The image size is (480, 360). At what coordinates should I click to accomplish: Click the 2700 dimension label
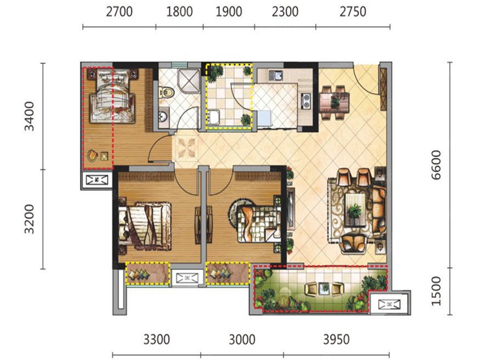click(119, 12)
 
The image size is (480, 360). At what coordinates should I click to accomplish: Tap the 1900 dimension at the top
click(229, 12)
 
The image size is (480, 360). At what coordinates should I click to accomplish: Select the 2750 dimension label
click(353, 12)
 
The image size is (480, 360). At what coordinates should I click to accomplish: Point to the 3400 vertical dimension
click(29, 116)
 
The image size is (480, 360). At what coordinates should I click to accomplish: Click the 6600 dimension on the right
click(436, 165)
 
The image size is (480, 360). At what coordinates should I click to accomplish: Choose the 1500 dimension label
click(436, 291)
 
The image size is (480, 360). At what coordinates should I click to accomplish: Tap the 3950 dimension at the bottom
click(336, 340)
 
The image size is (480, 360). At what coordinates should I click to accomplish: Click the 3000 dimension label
click(242, 340)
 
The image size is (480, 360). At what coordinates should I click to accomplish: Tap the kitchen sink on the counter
click(276, 76)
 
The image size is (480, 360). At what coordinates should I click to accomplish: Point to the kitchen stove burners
click(306, 102)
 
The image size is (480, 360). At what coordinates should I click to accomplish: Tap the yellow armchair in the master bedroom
click(93, 156)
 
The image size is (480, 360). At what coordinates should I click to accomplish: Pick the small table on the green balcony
click(324, 288)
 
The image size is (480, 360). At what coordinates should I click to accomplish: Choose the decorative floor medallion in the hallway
click(186, 148)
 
